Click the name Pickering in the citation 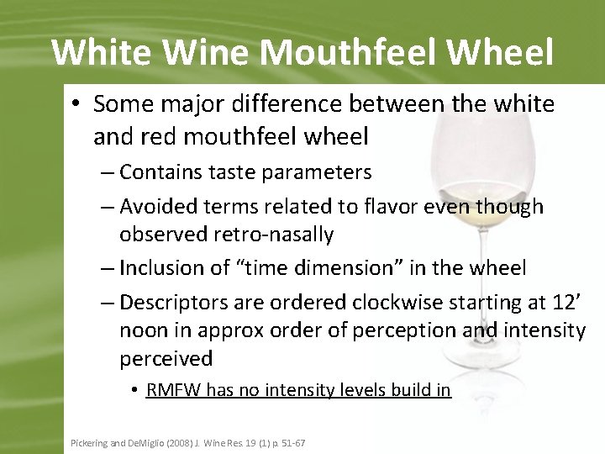[87, 442]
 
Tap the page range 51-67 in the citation [291, 442]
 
